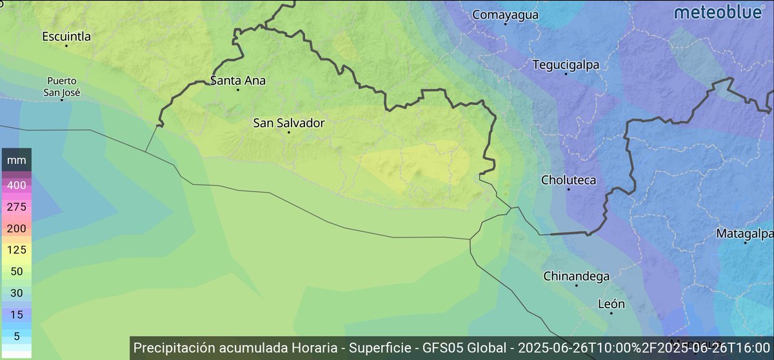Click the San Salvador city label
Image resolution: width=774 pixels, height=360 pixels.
[288, 122]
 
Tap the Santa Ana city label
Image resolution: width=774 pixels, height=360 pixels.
[238, 81]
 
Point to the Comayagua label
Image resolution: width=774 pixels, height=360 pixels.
[505, 15]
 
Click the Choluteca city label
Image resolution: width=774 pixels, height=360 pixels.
[568, 180]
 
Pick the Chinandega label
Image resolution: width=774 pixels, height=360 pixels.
[577, 276]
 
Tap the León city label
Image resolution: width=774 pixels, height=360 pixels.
[611, 304]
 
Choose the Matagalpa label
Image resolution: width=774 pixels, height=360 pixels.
[745, 234]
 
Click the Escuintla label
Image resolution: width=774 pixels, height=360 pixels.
[66, 36]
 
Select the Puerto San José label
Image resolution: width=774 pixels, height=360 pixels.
[62, 86]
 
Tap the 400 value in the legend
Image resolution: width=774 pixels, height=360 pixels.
[16, 185]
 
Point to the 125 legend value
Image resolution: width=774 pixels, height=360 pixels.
[16, 249]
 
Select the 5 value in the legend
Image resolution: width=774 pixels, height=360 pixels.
[16, 335]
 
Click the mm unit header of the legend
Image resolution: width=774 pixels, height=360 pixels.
[16, 159]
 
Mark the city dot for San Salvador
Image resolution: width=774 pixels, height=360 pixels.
[289, 132]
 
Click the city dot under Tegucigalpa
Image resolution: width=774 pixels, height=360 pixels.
[566, 74]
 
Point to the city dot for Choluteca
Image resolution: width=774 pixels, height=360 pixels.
[568, 190]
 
